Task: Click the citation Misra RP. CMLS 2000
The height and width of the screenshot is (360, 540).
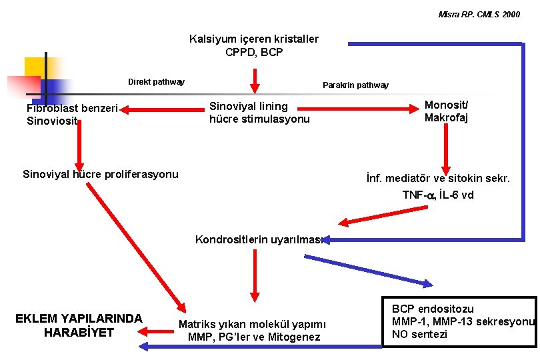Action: pyautogui.click(x=479, y=14)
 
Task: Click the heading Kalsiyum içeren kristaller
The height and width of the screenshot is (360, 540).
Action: pyautogui.click(x=254, y=39)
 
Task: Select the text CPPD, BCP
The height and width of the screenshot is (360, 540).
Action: pyautogui.click(x=254, y=51)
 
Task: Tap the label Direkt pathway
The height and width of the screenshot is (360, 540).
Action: pyautogui.click(x=156, y=82)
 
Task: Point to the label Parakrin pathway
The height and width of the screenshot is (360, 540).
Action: pyautogui.click(x=355, y=85)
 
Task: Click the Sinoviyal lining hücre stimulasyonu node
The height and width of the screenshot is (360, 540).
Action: pyautogui.click(x=259, y=113)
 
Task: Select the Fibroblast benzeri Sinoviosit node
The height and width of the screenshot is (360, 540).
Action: pyautogui.click(x=72, y=114)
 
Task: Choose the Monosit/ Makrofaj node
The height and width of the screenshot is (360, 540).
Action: pyautogui.click(x=446, y=111)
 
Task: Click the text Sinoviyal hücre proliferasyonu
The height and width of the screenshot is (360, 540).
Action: pyautogui.click(x=101, y=175)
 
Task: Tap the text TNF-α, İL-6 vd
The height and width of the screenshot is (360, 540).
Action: pyautogui.click(x=438, y=195)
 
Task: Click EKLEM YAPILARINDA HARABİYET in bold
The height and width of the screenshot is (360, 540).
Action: pyautogui.click(x=79, y=325)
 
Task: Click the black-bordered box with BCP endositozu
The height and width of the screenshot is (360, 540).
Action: pyautogui.click(x=459, y=321)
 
